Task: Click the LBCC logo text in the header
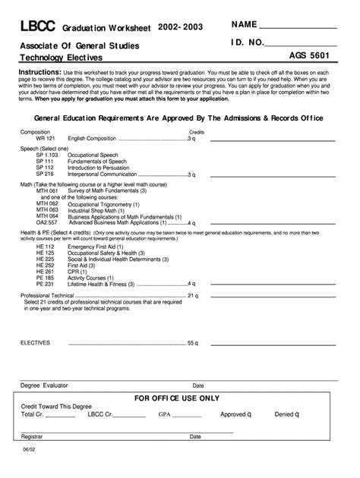pos(37,27)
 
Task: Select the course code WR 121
pos(46,139)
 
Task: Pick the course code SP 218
pos(45,174)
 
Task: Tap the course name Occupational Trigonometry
pos(104,204)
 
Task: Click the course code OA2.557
pos(47,223)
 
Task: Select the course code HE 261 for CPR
pos(45,271)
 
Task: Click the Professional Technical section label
pos(46,295)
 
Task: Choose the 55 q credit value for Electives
pos(192,342)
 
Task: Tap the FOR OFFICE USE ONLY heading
pos(176,398)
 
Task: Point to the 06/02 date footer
pos(27,451)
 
